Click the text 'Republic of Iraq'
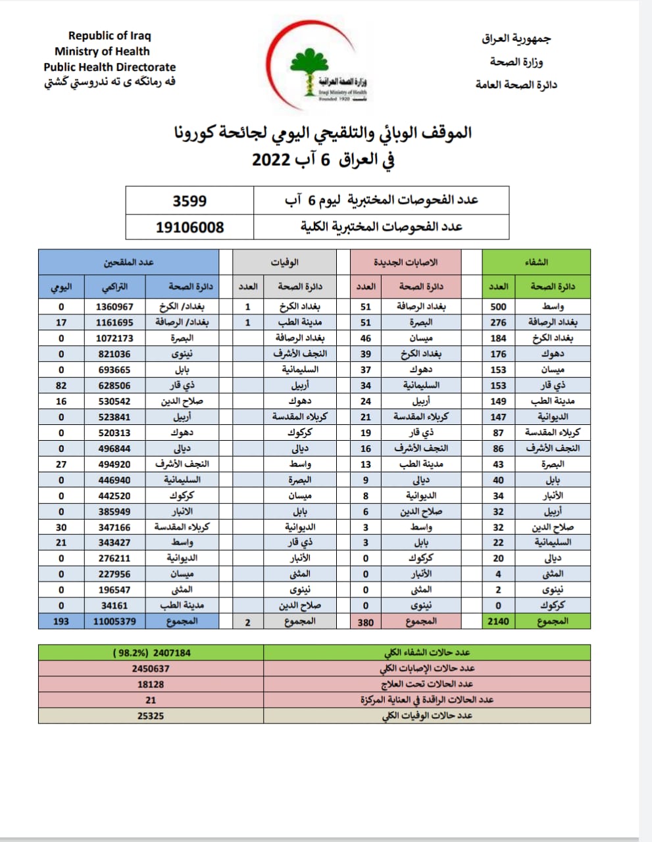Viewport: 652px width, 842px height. pyautogui.click(x=109, y=36)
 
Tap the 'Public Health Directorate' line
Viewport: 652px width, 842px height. pyautogui.click(x=110, y=67)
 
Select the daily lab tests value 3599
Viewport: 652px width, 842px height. pyautogui.click(x=189, y=201)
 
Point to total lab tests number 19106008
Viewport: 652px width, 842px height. pyautogui.click(x=189, y=227)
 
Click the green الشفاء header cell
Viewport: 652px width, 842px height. pyautogui.click(x=536, y=262)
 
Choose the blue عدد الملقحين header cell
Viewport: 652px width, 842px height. pyautogui.click(x=128, y=262)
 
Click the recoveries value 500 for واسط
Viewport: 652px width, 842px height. pyautogui.click(x=498, y=307)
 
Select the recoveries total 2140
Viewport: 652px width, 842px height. pyautogui.click(x=498, y=621)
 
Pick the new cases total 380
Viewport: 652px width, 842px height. pyautogui.click(x=366, y=622)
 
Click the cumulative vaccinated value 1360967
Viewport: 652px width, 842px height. pyautogui.click(x=114, y=307)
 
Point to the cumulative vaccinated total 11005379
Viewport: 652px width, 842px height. pyautogui.click(x=114, y=621)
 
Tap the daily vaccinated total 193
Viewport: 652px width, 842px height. pyautogui.click(x=61, y=621)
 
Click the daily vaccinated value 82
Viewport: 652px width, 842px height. pyautogui.click(x=61, y=385)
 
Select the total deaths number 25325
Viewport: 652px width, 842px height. pyautogui.click(x=151, y=716)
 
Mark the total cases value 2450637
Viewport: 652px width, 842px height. pyautogui.click(x=151, y=668)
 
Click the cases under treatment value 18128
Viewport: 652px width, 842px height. pyautogui.click(x=151, y=684)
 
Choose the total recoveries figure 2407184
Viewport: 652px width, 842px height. pyautogui.click(x=172, y=653)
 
